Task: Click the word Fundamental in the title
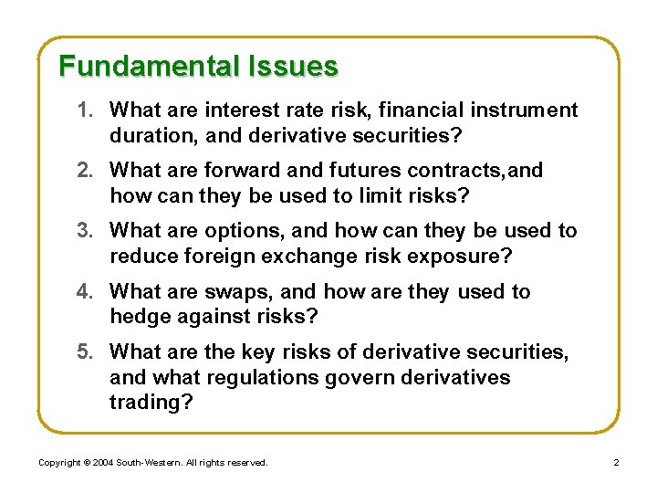147,67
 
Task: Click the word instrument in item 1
524,110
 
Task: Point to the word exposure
455,257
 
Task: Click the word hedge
137,317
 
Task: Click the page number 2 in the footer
616,463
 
